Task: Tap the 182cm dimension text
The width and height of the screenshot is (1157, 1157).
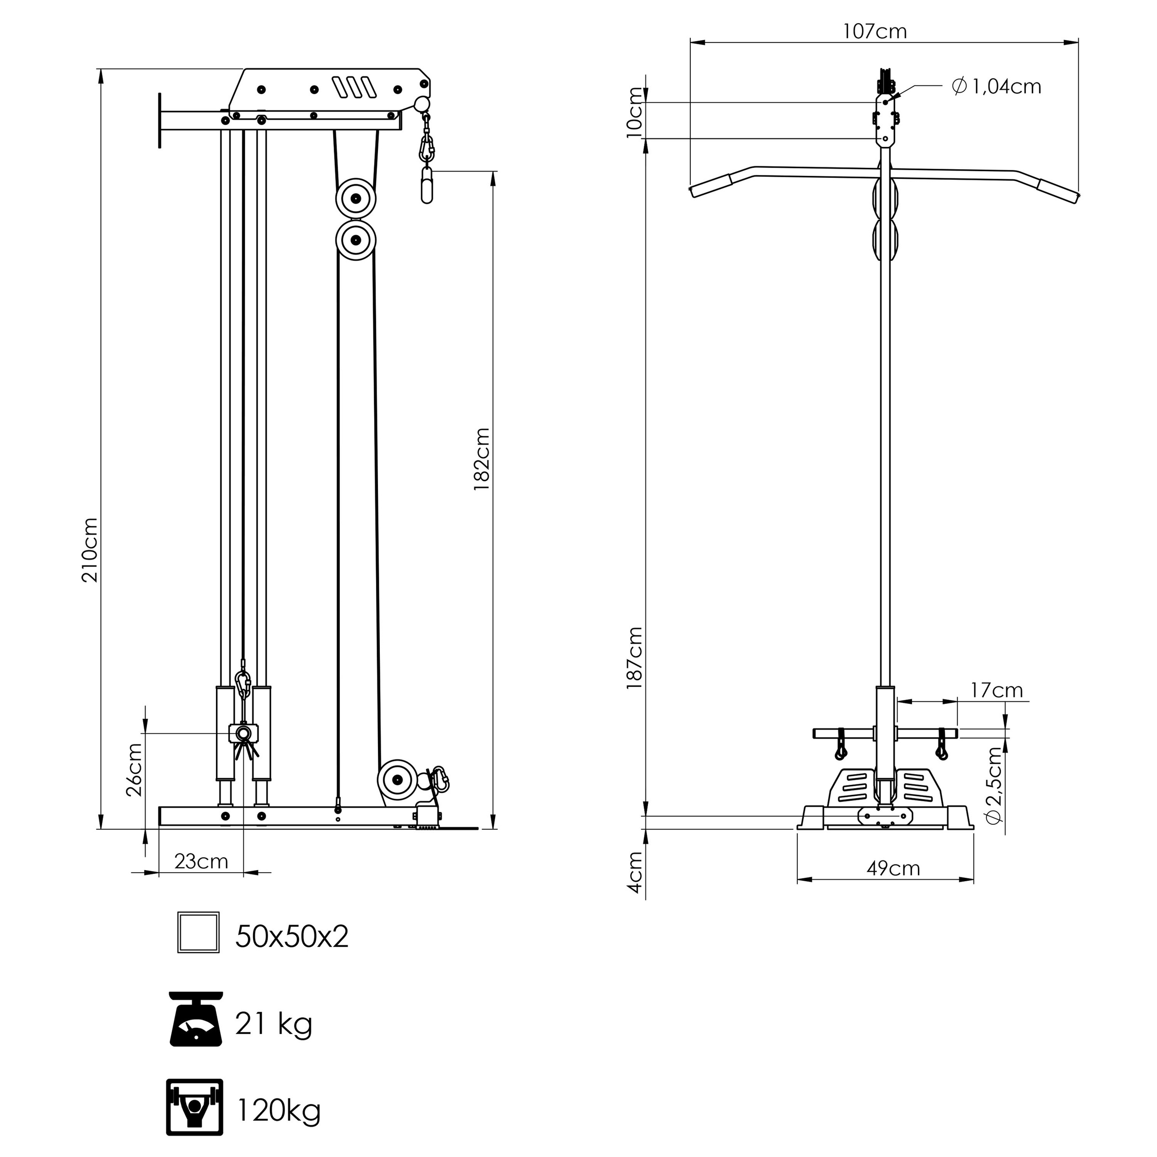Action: pyautogui.click(x=482, y=460)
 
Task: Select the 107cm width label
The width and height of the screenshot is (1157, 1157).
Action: pyautogui.click(x=875, y=31)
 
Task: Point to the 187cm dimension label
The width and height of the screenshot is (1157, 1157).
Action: pyautogui.click(x=634, y=658)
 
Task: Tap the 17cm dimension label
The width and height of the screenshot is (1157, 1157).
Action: pyautogui.click(x=996, y=690)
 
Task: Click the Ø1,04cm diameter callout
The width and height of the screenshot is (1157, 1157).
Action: pyautogui.click(x=996, y=87)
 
